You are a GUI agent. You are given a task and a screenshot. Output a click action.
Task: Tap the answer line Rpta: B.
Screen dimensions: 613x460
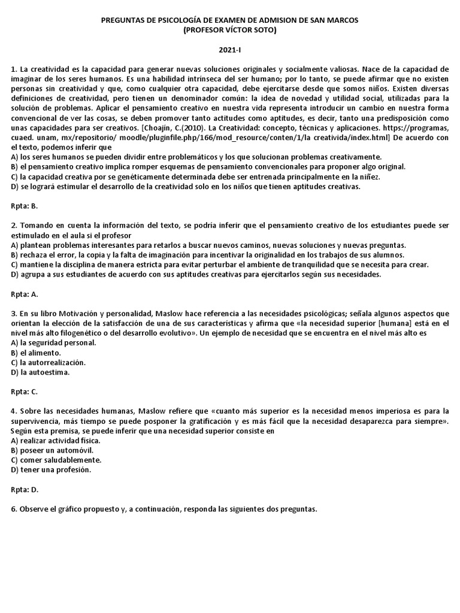25,205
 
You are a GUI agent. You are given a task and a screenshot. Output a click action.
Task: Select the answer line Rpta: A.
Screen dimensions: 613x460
25,294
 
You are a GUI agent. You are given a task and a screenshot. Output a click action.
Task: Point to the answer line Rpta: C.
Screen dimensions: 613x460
25,392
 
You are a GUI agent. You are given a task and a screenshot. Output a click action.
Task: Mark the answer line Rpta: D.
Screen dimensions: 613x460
25,489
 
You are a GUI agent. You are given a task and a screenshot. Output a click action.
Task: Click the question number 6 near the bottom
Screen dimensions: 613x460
14,509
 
